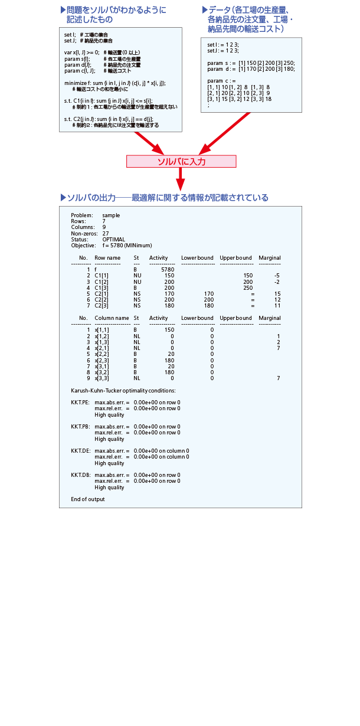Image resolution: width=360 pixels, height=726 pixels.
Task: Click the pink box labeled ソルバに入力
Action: (181, 161)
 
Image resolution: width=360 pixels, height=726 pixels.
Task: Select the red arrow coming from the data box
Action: (224, 133)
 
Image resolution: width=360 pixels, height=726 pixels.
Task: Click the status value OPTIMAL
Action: (114, 239)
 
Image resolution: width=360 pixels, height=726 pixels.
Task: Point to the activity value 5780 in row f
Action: (167, 269)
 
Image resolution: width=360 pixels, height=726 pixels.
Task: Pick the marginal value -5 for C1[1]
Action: (277, 276)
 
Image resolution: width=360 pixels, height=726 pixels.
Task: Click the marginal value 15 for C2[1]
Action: (277, 293)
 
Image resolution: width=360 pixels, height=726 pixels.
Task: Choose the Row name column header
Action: (107, 258)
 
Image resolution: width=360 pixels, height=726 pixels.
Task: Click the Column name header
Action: (112, 318)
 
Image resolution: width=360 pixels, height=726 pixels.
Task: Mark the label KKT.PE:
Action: (80, 402)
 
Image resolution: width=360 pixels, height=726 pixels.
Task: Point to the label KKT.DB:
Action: (80, 475)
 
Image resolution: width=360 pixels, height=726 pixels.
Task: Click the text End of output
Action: (88, 499)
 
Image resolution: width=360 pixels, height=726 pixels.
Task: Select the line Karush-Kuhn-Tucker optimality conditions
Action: (123, 390)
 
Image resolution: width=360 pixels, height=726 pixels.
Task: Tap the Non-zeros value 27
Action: (106, 233)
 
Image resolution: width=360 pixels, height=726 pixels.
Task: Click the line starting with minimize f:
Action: (114, 83)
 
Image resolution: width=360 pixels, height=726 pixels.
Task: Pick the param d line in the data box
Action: (250, 69)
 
